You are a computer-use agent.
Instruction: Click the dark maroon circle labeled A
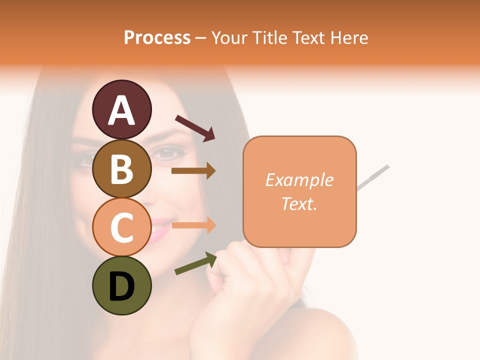(x=121, y=109)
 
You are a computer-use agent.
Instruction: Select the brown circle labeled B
(x=121, y=168)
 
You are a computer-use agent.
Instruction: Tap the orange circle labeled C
(x=121, y=227)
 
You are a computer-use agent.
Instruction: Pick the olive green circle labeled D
(x=121, y=285)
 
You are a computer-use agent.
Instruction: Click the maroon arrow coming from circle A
(x=195, y=127)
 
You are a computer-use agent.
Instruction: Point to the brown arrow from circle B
(x=193, y=171)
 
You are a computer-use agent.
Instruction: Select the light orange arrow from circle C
(x=193, y=225)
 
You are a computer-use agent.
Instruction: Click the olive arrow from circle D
(x=195, y=263)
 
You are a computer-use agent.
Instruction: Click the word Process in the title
(x=157, y=37)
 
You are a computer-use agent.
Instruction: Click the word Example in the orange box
(x=299, y=180)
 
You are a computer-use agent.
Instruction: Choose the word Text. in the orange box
(x=299, y=203)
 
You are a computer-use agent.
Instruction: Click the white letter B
(x=121, y=168)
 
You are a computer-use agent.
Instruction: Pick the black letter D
(x=121, y=285)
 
